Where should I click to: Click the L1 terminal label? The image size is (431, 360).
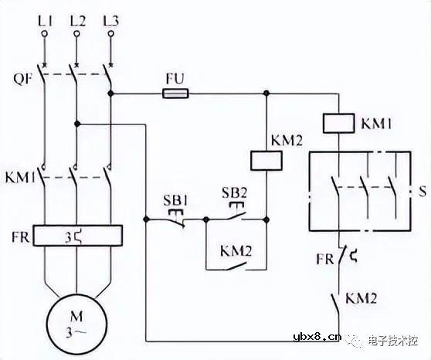pyautogui.click(x=44, y=16)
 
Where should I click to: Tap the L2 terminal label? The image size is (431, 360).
pyautogui.click(x=76, y=16)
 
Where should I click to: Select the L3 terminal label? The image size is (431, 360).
pyautogui.click(x=110, y=16)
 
